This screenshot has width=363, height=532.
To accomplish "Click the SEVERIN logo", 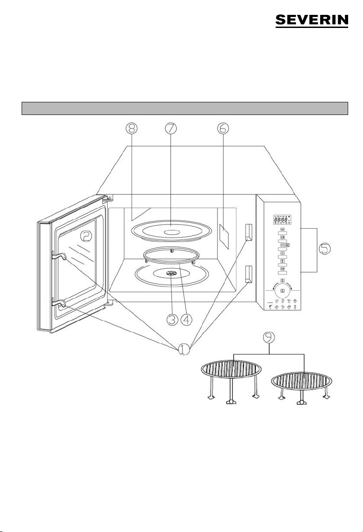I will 312,21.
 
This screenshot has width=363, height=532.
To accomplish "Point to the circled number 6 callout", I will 222,129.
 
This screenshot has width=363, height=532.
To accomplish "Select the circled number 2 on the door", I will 86,236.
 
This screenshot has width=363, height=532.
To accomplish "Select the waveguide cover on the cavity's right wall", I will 225,234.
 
